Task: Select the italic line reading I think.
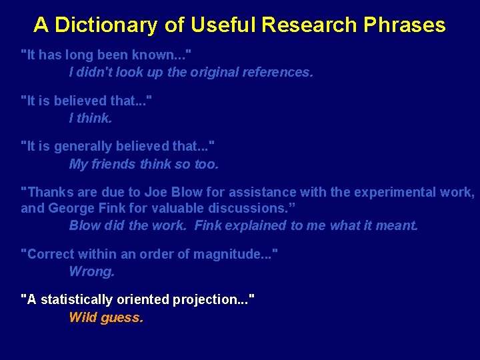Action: pos(91,118)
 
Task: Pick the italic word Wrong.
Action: pos(92,271)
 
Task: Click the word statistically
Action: pos(77,300)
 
